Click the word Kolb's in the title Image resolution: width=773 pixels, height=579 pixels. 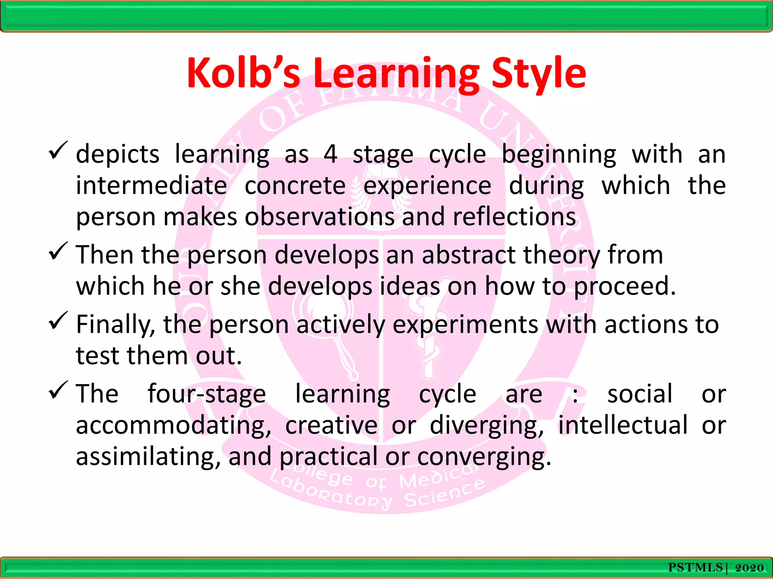[243, 74]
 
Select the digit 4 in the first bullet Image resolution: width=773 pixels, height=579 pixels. [330, 155]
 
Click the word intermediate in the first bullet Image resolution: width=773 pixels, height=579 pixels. [151, 186]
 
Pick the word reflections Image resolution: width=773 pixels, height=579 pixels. [514, 217]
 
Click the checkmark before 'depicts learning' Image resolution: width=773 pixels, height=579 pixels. [58, 150]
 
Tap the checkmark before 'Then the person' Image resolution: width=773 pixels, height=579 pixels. [58, 251]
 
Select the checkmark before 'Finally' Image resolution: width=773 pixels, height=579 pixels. [58, 321]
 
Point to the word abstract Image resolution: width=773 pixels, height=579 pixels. [468, 255]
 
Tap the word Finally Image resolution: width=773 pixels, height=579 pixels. [115, 325]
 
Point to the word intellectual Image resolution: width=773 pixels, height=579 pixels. [623, 425]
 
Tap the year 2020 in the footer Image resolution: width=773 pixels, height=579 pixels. [749, 568]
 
